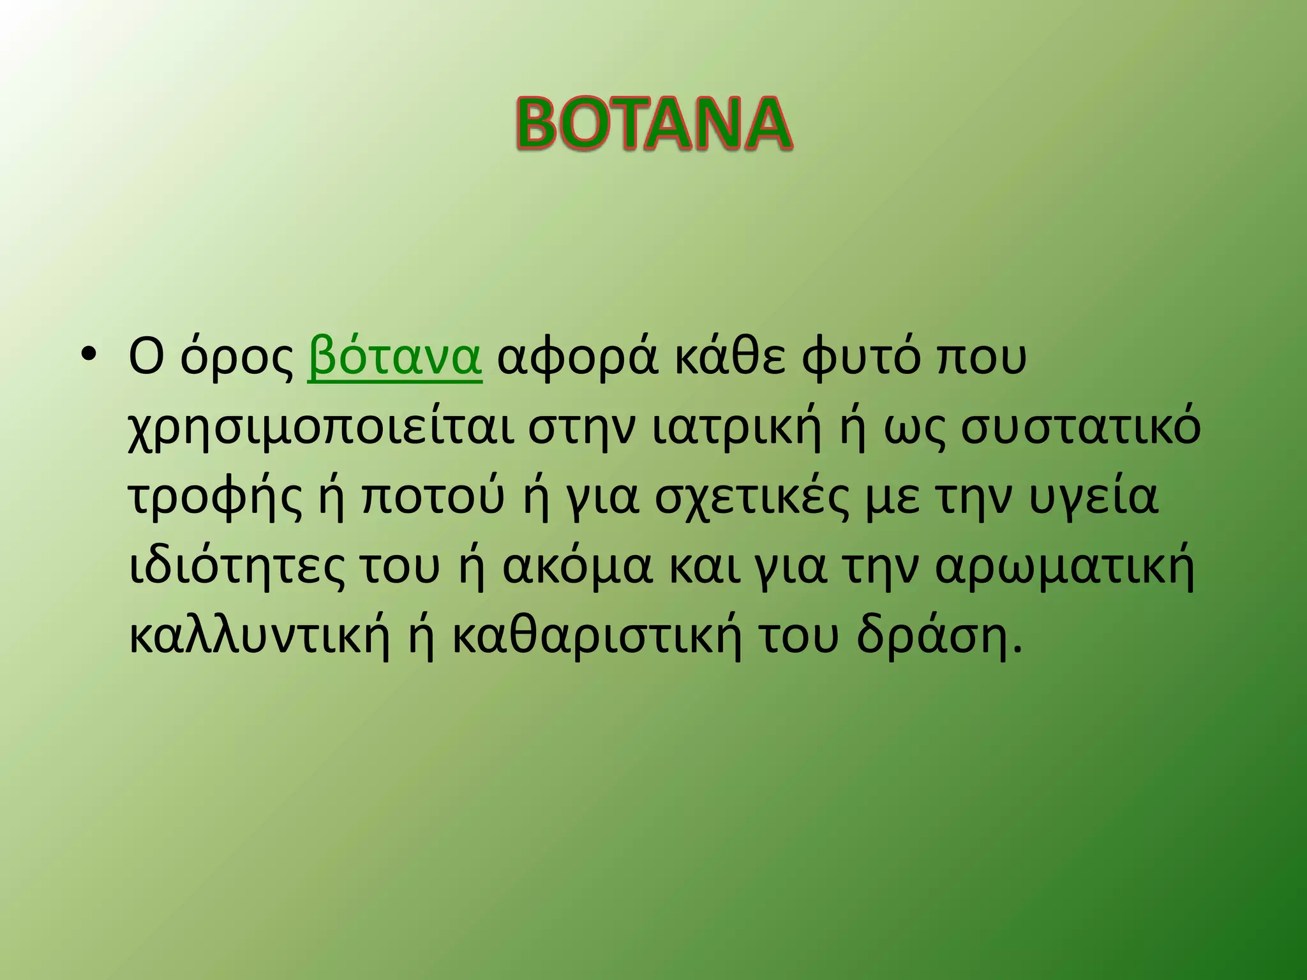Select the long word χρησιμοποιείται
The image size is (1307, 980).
point(322,429)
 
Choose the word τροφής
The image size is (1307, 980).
point(216,499)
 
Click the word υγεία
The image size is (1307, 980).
point(1094,499)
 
